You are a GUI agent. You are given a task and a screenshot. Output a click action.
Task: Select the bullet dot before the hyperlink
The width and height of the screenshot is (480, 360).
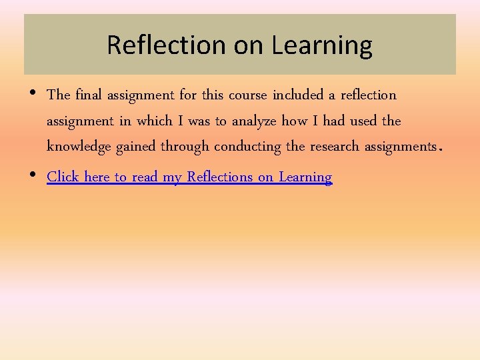33,175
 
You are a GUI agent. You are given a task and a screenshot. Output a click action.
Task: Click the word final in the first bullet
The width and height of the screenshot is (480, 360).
87,95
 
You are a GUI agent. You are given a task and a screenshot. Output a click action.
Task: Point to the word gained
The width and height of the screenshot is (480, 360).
136,147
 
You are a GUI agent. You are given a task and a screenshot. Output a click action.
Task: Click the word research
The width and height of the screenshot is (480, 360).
335,146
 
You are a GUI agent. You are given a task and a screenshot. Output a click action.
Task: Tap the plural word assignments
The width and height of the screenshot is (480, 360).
400,147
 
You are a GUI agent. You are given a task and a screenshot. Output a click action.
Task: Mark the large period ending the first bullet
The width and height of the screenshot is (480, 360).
439,149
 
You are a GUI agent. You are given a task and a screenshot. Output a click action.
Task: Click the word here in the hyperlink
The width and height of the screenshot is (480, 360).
97,177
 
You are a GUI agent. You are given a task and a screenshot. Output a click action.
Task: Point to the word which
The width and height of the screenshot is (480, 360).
154,121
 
